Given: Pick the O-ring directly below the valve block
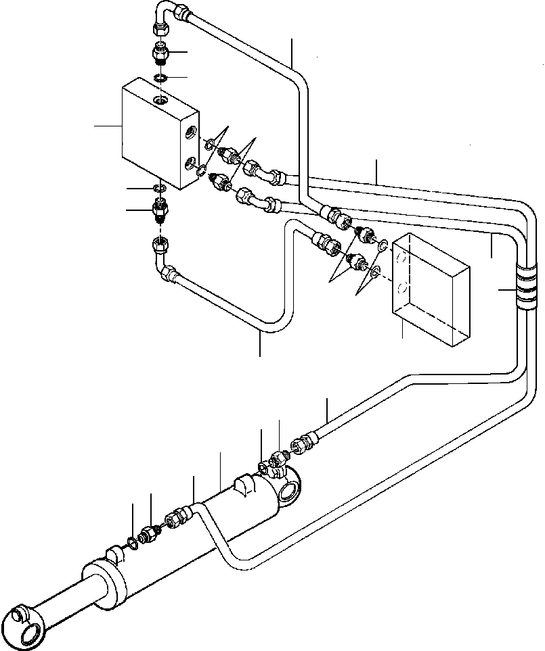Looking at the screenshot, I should click(x=160, y=188).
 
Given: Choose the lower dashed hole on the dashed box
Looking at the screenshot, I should click(x=402, y=289).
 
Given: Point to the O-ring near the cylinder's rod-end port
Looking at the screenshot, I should click(x=131, y=541).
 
